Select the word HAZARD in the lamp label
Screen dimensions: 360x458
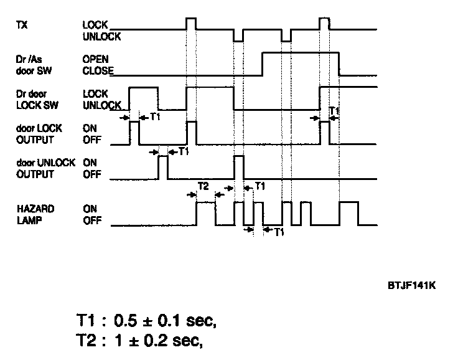[31, 210]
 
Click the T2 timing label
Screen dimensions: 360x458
[203, 186]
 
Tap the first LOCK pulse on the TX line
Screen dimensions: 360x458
[192, 24]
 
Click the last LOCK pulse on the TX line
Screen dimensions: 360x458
[324, 24]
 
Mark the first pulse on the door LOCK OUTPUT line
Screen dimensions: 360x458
[134, 133]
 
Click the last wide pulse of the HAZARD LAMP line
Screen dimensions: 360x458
[348, 213]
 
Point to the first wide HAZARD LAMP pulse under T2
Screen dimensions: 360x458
[206, 213]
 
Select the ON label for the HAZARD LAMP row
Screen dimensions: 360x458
[90, 210]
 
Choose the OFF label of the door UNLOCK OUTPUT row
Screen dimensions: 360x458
[91, 174]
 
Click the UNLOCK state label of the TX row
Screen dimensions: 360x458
[101, 37]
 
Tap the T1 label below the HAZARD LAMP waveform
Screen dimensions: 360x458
[279, 231]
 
